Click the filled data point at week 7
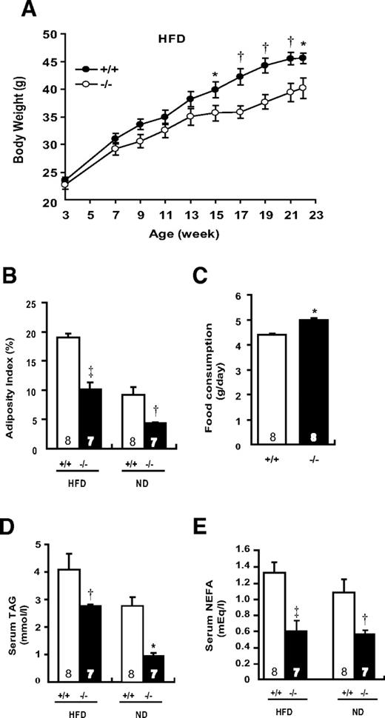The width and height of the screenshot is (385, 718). point(115,138)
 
